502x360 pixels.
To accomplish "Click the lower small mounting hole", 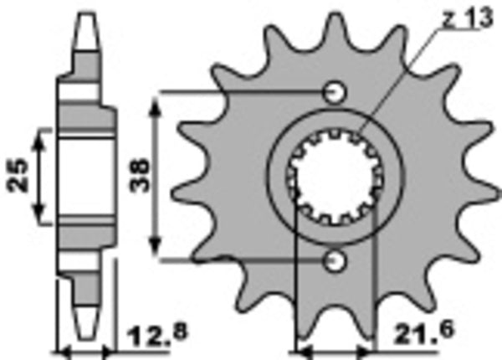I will [336, 261].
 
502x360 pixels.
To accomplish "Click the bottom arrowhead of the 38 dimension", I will [155, 252].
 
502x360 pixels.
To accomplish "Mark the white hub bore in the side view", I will [85, 176].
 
